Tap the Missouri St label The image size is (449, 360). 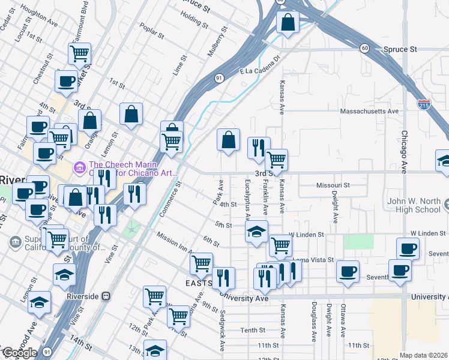pos(333,185)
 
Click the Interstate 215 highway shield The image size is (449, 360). pos(424,104)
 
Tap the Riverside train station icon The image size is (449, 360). pos(106,296)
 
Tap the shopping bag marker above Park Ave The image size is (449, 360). pos(228,141)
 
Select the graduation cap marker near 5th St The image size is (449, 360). pos(256,232)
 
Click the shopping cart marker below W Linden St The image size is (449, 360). pos(280,245)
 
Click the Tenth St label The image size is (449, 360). pos(253,331)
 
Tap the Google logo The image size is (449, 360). pos(19,353)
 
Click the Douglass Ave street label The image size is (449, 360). pos(314,322)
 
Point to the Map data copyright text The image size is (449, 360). pos(423,355)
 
